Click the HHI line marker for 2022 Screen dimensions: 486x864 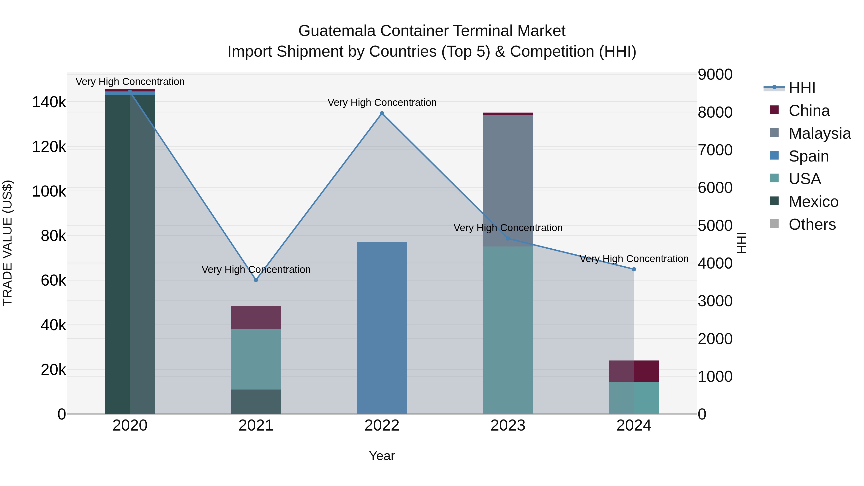pyautogui.click(x=382, y=113)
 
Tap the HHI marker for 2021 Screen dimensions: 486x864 pyautogui.click(x=256, y=280)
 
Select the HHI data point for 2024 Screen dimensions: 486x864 pyautogui.click(x=634, y=269)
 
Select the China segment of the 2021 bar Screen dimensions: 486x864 pyautogui.click(x=256, y=317)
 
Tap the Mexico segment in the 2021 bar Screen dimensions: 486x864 pyautogui.click(x=256, y=402)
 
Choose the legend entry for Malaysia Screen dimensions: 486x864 pyautogui.click(x=819, y=133)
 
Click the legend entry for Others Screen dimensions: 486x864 pyautogui.click(x=812, y=224)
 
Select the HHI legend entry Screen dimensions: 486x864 pyautogui.click(x=802, y=88)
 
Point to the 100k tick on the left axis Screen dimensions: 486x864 pyautogui.click(x=49, y=191)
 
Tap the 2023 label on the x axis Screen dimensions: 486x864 pyautogui.click(x=508, y=425)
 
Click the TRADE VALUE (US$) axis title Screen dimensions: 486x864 pyautogui.click(x=7, y=243)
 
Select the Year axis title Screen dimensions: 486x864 pyautogui.click(x=382, y=456)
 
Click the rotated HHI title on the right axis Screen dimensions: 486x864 pyautogui.click(x=742, y=243)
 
